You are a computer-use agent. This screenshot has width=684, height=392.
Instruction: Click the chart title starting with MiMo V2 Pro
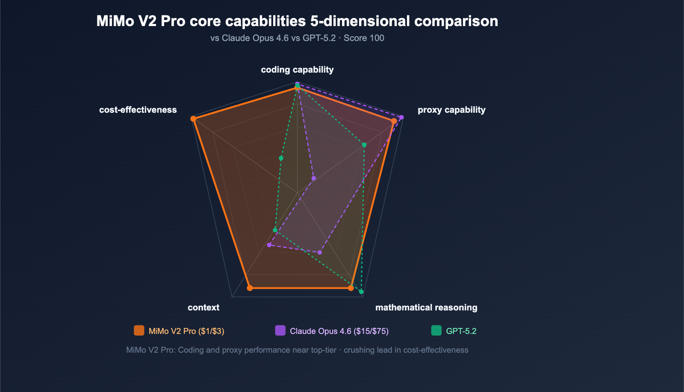point(297,21)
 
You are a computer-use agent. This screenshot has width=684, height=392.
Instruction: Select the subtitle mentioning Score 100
point(297,38)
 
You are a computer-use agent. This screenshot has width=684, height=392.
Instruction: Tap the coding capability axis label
point(297,70)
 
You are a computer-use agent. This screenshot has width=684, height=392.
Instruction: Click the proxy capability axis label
point(451,110)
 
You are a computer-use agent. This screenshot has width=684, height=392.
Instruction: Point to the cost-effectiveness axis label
point(138,110)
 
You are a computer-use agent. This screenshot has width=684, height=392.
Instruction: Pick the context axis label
point(203,307)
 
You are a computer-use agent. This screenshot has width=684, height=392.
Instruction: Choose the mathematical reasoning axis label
point(426,307)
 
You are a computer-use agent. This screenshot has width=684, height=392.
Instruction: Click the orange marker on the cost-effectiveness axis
point(193,119)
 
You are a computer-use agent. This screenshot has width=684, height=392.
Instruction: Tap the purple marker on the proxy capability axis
point(401,117)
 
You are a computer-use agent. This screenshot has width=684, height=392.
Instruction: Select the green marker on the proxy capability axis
point(364,145)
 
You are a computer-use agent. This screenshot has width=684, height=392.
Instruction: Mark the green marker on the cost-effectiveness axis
point(281,158)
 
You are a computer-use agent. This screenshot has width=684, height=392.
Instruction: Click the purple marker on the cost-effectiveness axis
point(314,178)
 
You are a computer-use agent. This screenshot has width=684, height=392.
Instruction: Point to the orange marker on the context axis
point(250,288)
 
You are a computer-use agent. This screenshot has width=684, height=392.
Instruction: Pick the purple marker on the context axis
point(269,245)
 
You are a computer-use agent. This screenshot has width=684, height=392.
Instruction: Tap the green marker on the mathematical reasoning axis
point(361,292)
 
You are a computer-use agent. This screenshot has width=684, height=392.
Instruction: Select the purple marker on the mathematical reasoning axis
point(320,252)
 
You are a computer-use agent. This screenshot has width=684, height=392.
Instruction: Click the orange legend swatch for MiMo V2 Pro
point(139,331)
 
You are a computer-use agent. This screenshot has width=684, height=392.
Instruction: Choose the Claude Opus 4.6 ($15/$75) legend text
point(339,331)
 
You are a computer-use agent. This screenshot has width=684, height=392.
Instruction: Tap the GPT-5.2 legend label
point(461,331)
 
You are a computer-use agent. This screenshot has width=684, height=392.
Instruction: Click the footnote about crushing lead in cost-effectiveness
point(297,350)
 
